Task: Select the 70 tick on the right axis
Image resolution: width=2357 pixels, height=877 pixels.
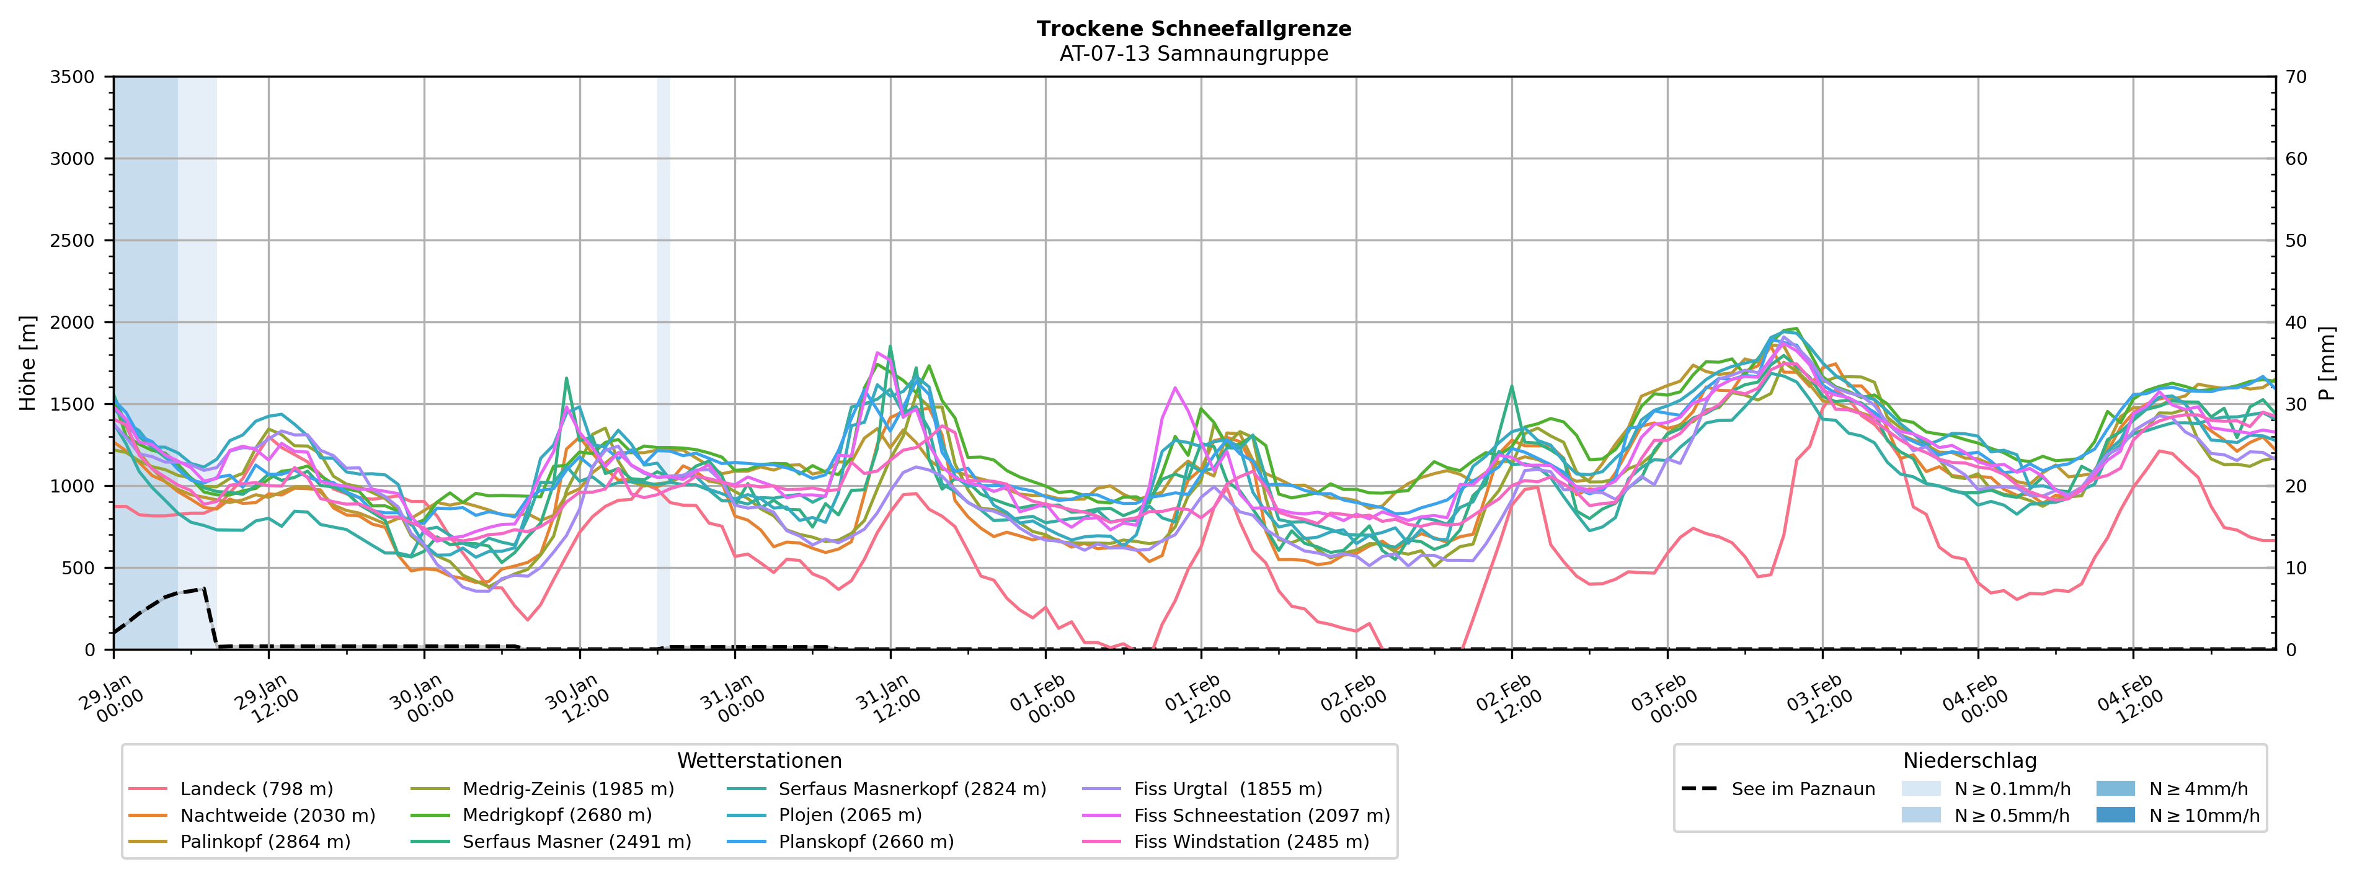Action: tap(2296, 77)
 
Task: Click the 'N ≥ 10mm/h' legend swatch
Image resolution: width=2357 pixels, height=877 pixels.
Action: tap(2115, 815)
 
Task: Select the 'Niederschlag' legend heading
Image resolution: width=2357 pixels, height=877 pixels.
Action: tap(1969, 761)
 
